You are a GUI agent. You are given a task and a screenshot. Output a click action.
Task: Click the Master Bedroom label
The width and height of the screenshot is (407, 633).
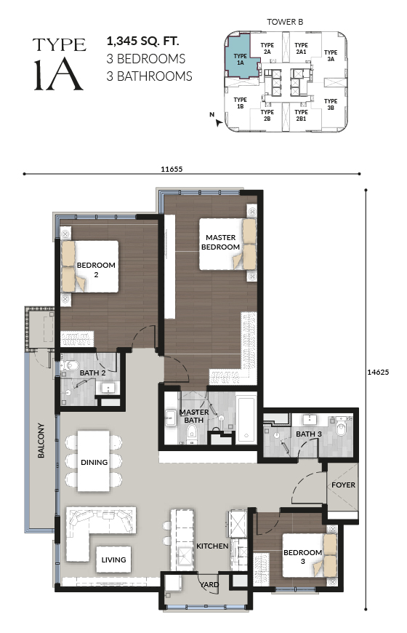(x=220, y=242)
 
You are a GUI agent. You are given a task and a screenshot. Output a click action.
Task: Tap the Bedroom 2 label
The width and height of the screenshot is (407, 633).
(x=96, y=270)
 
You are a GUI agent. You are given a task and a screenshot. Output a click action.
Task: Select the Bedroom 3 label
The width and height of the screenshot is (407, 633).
(x=302, y=557)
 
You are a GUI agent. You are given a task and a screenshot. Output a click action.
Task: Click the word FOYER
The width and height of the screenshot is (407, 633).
(x=343, y=485)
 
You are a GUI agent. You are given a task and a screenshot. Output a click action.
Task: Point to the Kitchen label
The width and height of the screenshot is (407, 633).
(x=212, y=546)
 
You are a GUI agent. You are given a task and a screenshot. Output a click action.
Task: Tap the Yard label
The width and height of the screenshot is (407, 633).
(x=209, y=584)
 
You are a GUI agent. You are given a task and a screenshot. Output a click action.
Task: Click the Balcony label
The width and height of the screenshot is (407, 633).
(x=41, y=440)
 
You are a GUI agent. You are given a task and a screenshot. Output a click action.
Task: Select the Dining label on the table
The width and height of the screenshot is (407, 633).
(x=94, y=462)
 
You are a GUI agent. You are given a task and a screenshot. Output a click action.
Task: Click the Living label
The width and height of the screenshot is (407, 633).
(x=113, y=560)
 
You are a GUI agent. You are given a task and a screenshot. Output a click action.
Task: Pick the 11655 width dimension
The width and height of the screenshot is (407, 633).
(x=172, y=169)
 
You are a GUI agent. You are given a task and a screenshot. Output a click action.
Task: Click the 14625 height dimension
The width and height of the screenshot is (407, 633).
(x=378, y=373)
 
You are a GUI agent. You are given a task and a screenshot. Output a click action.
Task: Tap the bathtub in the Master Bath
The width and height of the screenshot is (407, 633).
(x=246, y=420)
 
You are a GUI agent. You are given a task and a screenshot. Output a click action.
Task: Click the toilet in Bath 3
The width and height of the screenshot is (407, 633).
(x=342, y=429)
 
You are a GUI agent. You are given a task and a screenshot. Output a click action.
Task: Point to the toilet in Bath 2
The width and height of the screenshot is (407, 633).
(x=68, y=365)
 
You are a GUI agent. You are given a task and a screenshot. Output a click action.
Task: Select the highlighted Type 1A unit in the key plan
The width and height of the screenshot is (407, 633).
(x=241, y=56)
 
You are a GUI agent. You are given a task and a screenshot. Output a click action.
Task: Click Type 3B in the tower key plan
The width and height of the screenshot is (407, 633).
(x=331, y=104)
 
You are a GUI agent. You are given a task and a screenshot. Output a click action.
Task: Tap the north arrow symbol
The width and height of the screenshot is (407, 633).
(x=218, y=123)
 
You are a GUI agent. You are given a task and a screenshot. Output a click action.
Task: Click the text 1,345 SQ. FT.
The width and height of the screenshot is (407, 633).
(x=142, y=41)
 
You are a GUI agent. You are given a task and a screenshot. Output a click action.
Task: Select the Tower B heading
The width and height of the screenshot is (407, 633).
(x=285, y=22)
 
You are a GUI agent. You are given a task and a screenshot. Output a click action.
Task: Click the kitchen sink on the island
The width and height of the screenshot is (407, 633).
(x=185, y=557)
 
